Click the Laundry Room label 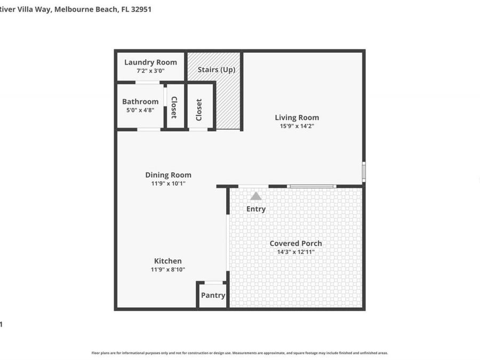pyautogui.click(x=150, y=62)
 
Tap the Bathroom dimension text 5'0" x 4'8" pyautogui.click(x=140, y=110)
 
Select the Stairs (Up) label pyautogui.click(x=217, y=69)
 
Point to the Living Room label pyautogui.click(x=297, y=118)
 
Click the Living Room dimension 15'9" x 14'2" pyautogui.click(x=297, y=126)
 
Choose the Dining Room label pyautogui.click(x=168, y=175)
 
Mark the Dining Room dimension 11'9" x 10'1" pyautogui.click(x=168, y=183)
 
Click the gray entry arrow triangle pyautogui.click(x=256, y=196)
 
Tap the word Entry pyautogui.click(x=256, y=209)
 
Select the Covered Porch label pyautogui.click(x=296, y=243)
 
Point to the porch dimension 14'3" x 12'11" pyautogui.click(x=296, y=252)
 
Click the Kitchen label pyautogui.click(x=168, y=261)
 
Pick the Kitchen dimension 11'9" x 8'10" pyautogui.click(x=168, y=270)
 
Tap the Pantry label pyautogui.click(x=213, y=295)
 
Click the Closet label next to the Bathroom pyautogui.click(x=174, y=107)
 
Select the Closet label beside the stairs pyautogui.click(x=199, y=110)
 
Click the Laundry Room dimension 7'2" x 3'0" pyautogui.click(x=150, y=71)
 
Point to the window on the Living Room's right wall pyautogui.click(x=364, y=172)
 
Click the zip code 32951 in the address pyautogui.click(x=140, y=9)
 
